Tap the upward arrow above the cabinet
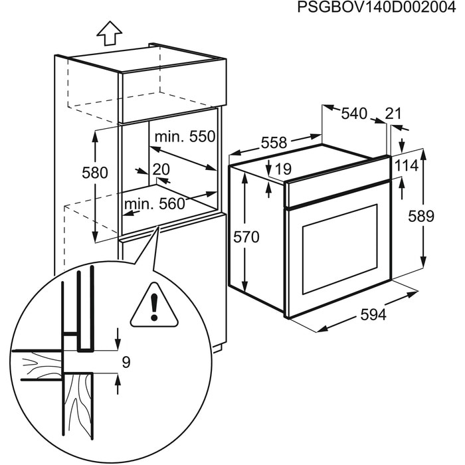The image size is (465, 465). point(109,30)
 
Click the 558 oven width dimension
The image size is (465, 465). point(274,142)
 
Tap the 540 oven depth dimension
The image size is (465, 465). point(354,114)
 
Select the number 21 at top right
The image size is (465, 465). point(393,114)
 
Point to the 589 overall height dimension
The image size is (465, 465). point(420,216)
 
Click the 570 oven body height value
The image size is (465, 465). point(246,236)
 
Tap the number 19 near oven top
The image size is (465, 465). point(282,170)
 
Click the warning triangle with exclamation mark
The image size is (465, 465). point(154,306)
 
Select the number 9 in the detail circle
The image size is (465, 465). point(126,362)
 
